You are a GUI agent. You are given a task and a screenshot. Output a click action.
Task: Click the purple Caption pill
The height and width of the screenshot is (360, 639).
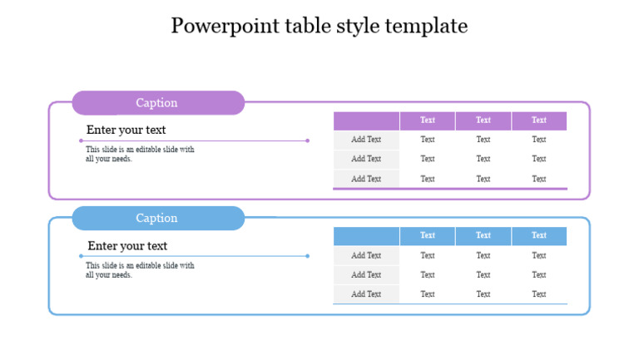(158, 103)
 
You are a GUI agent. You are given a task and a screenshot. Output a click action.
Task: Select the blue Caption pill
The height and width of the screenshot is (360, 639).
(158, 218)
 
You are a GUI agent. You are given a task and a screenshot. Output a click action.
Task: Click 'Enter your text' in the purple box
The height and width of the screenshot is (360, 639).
(126, 130)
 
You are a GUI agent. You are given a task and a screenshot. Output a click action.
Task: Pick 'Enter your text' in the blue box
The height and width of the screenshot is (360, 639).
(127, 245)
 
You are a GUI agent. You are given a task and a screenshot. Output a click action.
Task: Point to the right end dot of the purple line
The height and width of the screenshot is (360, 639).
(307, 141)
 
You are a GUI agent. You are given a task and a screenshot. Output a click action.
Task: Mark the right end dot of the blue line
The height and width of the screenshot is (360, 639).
(307, 256)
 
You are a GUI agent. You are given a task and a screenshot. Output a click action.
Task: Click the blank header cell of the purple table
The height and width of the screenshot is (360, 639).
(366, 121)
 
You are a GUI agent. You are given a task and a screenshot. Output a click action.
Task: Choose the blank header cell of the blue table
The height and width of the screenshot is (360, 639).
(366, 235)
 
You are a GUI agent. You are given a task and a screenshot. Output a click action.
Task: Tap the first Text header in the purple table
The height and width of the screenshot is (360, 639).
(428, 121)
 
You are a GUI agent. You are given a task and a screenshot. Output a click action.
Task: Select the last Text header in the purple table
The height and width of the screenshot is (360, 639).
(539, 121)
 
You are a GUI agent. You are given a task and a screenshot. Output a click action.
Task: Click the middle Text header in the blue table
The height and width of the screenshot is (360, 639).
(483, 235)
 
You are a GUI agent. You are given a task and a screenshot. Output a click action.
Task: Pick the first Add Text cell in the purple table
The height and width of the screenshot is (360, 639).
(366, 140)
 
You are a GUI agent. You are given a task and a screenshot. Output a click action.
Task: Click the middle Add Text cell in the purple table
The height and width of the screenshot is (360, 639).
(366, 159)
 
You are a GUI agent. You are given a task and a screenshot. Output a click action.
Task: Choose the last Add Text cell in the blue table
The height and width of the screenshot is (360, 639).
(366, 294)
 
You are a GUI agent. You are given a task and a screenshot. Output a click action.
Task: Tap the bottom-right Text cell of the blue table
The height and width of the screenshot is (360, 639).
(539, 294)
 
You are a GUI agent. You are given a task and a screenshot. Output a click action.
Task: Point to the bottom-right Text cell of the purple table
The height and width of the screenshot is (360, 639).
(539, 179)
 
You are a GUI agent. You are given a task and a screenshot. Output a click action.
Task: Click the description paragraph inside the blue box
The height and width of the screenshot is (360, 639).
(140, 270)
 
